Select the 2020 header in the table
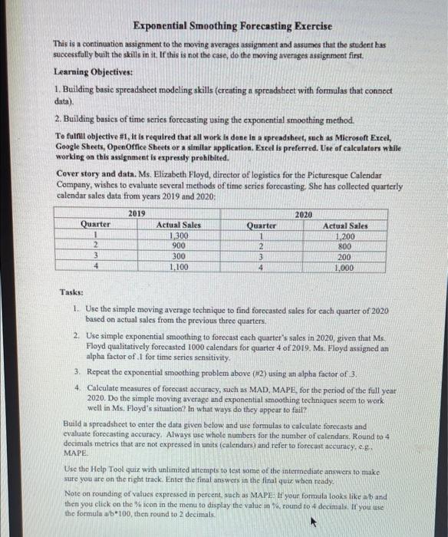[304, 216]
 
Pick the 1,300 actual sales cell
[179, 236]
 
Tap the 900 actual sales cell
[179, 245]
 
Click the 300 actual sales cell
[179, 256]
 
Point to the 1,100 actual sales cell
[179, 267]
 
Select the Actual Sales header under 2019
[179, 226]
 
